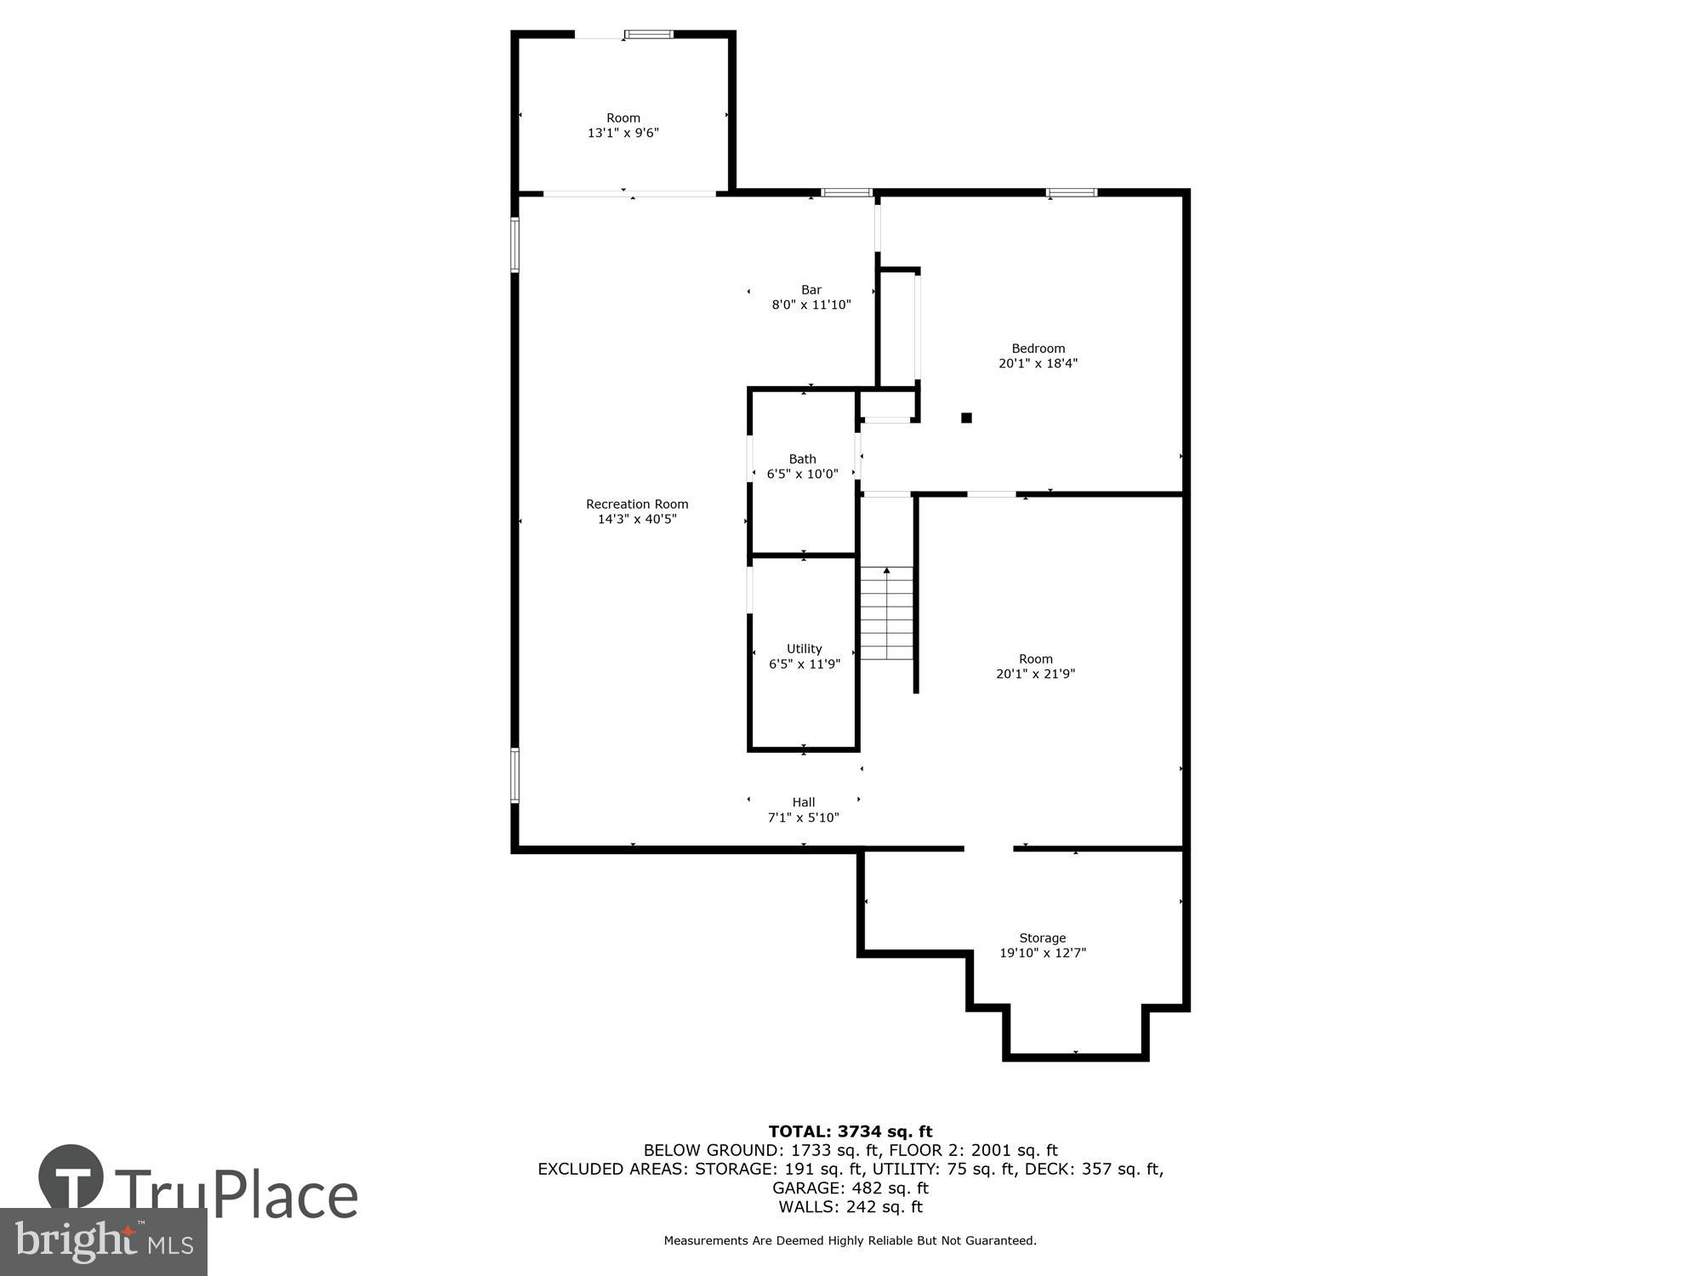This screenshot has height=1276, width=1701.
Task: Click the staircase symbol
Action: click(x=886, y=613)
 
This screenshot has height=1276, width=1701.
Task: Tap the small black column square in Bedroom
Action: click(x=966, y=418)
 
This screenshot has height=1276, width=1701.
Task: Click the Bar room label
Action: click(x=811, y=290)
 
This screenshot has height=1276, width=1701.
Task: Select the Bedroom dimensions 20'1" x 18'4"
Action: click(x=1038, y=363)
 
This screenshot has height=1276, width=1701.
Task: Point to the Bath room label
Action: click(x=802, y=459)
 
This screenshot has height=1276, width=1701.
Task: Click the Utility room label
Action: click(x=804, y=649)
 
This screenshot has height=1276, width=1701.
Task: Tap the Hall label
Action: click(x=803, y=802)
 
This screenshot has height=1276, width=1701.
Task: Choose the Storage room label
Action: click(x=1042, y=938)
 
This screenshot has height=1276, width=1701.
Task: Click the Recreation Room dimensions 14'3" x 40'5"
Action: click(x=636, y=519)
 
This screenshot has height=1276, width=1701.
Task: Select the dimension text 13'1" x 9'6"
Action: click(x=623, y=134)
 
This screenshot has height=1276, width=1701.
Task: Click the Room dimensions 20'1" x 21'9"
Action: click(x=1035, y=674)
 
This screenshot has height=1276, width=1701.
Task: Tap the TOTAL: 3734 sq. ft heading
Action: click(x=850, y=1131)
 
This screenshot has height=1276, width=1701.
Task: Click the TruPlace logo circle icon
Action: click(x=71, y=1177)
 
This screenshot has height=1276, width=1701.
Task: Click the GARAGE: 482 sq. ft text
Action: click(x=850, y=1188)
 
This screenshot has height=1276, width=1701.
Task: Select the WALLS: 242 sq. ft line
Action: click(x=850, y=1206)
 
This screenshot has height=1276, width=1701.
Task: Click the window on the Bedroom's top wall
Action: click(x=1071, y=193)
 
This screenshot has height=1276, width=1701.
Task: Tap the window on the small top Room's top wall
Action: click(x=649, y=35)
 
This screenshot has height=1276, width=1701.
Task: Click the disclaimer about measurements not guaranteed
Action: click(x=850, y=1241)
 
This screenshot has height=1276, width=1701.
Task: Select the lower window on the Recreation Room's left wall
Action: click(x=515, y=775)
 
